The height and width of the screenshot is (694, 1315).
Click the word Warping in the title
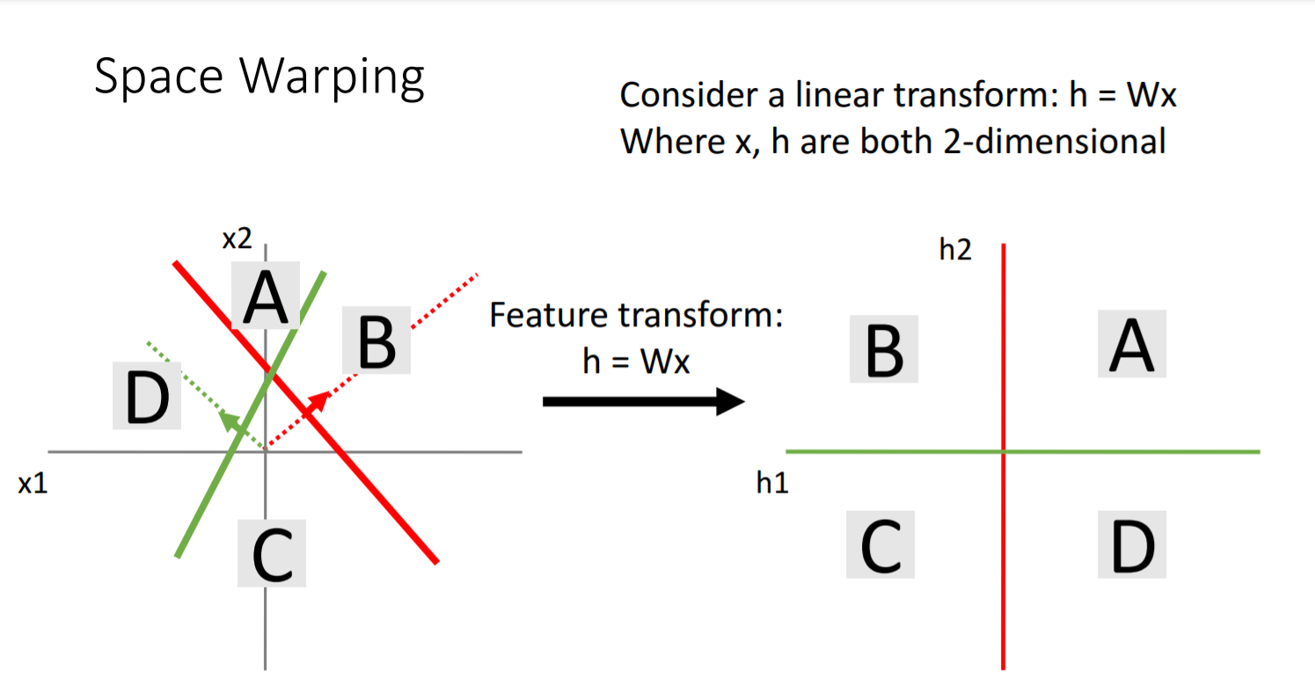332,78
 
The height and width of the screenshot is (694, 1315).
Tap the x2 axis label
237,238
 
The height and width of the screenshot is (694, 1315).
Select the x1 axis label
33,484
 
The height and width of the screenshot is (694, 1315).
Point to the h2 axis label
956,250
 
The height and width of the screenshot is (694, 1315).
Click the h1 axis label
772,483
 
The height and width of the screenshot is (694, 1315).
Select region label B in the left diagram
376,341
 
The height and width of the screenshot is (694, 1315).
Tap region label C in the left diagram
272,553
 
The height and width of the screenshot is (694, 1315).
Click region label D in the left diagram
147,397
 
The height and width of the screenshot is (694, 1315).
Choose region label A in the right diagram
1132,344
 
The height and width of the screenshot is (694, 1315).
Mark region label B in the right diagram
884,349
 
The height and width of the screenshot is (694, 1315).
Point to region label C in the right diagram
880,544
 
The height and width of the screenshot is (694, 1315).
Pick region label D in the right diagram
1132,544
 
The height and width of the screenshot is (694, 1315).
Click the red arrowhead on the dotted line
318,402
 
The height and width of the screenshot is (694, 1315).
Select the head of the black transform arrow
730,402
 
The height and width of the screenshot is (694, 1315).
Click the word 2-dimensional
1055,142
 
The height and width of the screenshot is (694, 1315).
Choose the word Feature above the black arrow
548,315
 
